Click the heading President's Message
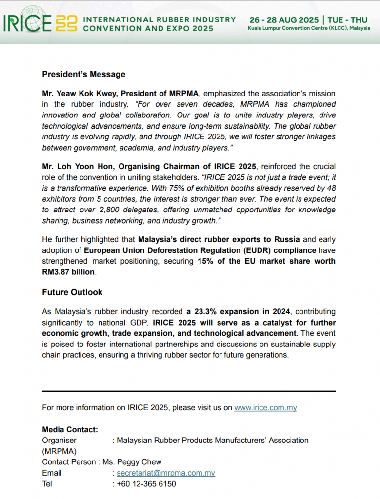[x=83, y=74]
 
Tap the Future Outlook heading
[x=72, y=292]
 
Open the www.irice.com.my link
[x=265, y=408]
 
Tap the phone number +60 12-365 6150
[x=146, y=484]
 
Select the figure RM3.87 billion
[x=68, y=272]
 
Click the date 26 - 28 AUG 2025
[x=284, y=20]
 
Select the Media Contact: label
[x=70, y=429]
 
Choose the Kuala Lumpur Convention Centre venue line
[x=308, y=29]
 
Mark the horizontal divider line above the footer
[x=189, y=391]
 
